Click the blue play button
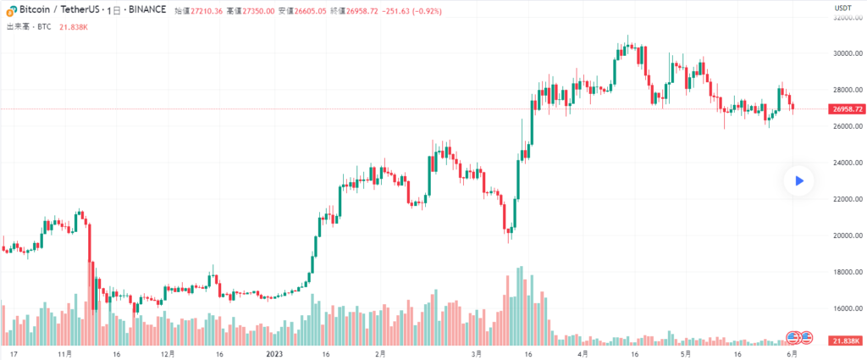tap(798, 180)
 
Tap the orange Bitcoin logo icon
tap(11, 11)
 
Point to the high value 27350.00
tap(257, 11)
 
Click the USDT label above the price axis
tap(842, 8)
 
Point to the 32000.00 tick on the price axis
tap(847, 17)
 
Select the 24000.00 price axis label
tap(847, 163)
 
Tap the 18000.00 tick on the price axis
tap(847, 272)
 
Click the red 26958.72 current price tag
tap(848, 109)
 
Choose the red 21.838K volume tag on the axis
tap(848, 341)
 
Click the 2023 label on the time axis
tap(275, 353)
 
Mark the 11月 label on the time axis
tap(64, 353)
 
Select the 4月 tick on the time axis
tap(583, 353)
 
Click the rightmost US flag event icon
tap(806, 337)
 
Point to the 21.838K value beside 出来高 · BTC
tap(75, 27)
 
